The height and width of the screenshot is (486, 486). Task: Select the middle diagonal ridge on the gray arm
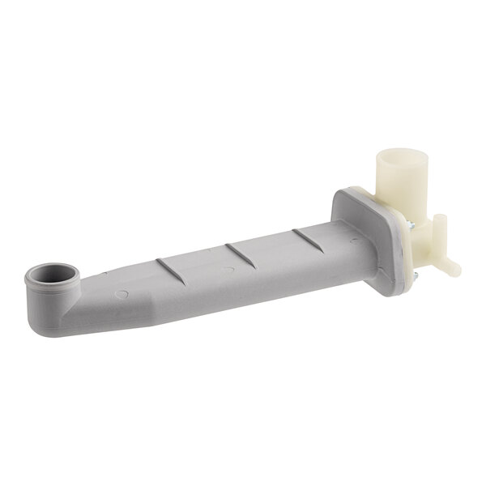pos(241,252)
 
